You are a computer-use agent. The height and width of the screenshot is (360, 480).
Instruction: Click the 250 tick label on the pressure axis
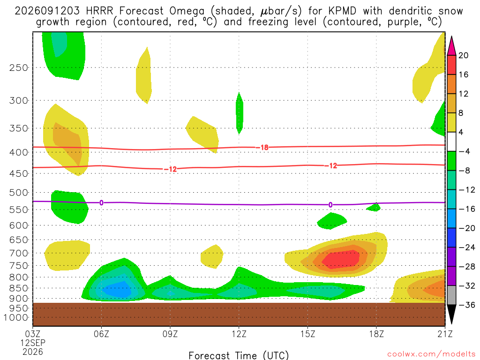click(19, 67)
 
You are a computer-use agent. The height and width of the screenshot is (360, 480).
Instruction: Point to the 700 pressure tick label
click(19, 253)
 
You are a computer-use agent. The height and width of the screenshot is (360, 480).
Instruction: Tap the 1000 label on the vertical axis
click(16, 317)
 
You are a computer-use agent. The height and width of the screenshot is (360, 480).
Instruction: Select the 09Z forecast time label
click(170, 334)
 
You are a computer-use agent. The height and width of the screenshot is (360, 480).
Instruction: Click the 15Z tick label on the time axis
click(307, 334)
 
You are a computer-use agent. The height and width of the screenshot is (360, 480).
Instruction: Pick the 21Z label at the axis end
click(445, 334)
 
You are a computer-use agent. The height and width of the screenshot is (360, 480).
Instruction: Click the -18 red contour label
click(262, 148)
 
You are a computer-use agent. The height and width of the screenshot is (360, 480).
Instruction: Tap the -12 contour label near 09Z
click(171, 169)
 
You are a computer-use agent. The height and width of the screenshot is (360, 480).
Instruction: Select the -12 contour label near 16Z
click(331, 165)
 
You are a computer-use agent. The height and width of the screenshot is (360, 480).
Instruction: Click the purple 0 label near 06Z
click(101, 202)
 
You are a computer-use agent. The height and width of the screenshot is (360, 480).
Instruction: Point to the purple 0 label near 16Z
click(330, 205)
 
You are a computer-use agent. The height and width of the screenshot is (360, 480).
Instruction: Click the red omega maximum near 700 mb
click(341, 259)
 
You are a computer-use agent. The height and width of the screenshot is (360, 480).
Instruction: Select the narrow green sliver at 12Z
click(240, 113)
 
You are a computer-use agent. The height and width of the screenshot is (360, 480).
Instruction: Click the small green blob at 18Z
click(374, 207)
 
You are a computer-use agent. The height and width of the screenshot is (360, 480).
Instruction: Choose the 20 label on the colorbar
click(463, 55)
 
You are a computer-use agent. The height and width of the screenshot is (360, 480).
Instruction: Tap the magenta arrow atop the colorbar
click(451, 45)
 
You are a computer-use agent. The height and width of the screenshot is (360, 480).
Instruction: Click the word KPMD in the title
click(342, 11)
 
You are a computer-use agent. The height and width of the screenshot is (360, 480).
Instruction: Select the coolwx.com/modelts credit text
click(431, 354)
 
